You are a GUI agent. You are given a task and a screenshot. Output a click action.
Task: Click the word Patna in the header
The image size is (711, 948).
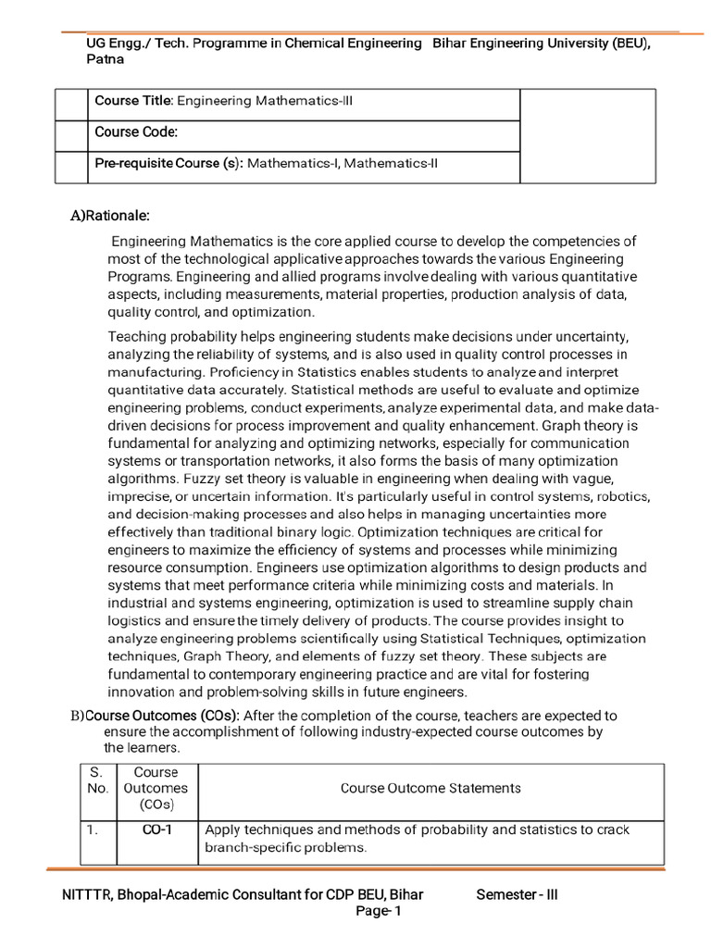[x=105, y=58]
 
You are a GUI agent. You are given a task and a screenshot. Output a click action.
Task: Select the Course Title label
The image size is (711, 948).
[x=133, y=101]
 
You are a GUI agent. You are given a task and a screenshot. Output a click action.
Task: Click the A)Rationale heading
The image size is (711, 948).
[x=110, y=216]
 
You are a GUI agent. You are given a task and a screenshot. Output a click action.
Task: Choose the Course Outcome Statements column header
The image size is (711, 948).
[x=430, y=788]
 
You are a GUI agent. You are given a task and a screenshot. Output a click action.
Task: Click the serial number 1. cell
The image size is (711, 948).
[x=93, y=829]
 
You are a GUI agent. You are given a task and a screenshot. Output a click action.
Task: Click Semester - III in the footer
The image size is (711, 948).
[x=518, y=894]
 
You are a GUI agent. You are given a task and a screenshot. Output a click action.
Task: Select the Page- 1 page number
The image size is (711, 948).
[x=379, y=912]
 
